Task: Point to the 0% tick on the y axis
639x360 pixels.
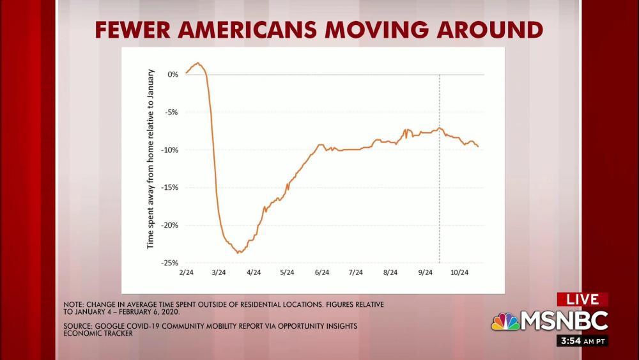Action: pos(173,74)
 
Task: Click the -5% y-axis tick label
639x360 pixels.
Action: pos(171,112)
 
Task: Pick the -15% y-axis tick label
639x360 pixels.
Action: pos(169,187)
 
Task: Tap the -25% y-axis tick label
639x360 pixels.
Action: pos(169,263)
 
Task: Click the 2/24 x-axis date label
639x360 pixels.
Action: pos(186,272)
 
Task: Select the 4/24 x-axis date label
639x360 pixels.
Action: pos(254,272)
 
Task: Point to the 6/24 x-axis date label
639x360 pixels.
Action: pos(322,272)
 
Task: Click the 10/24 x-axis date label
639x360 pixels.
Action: pos(459,272)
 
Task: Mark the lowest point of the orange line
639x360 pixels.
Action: pos(238,253)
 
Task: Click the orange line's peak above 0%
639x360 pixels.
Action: pos(198,63)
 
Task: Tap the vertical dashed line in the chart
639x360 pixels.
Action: pos(440,192)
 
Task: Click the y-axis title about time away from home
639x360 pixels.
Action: pos(151,157)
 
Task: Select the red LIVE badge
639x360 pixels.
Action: pos(582,299)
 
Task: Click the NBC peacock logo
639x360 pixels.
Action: pos(505,320)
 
